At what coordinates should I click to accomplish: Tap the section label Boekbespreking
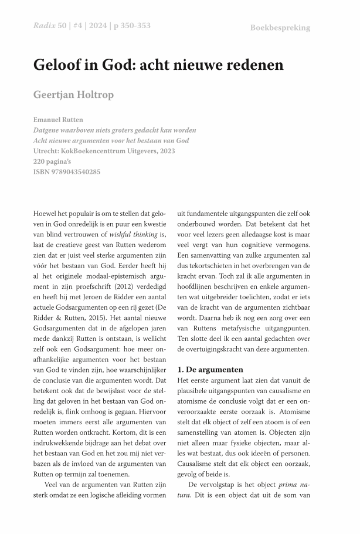click(x=280, y=28)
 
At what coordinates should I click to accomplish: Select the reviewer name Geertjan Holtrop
click(x=73, y=94)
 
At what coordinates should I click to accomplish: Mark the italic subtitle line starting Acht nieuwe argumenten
click(x=111, y=140)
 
